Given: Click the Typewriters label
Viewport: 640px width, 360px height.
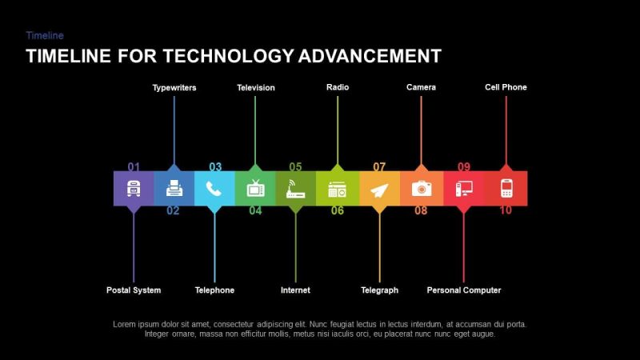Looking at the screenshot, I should coord(174,87).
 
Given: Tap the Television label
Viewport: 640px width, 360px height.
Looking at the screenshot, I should coord(256,87).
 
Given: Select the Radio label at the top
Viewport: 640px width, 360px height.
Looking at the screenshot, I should coord(338,87).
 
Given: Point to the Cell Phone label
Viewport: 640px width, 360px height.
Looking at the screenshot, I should coord(506,87).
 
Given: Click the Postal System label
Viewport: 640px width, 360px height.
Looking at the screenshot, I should coord(134,290).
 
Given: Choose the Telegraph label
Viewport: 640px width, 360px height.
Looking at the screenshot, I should coord(379,290).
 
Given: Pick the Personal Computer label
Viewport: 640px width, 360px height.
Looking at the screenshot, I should coord(464,290).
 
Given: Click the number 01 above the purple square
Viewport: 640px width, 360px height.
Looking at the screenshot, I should coord(134,167).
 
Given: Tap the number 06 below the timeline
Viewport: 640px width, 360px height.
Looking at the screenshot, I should coord(338,211).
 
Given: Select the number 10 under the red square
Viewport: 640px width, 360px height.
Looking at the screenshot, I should coord(506,211).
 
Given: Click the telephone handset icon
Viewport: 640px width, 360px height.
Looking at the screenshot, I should coord(214,189).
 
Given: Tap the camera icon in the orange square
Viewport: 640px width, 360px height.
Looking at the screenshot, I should coord(422,189).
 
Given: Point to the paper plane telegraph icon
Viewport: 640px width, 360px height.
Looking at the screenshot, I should coord(379,190).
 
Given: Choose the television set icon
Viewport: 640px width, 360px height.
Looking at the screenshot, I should coord(256,189).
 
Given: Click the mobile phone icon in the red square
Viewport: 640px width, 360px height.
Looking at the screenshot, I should coord(506,189).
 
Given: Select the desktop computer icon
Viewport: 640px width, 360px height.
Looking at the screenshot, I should coord(464,189).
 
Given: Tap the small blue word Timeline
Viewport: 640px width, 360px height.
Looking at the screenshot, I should coord(45,35).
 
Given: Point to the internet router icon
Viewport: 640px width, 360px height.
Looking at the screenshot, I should coord(296,190).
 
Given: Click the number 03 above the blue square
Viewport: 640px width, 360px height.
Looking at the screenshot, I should coord(215,167).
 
